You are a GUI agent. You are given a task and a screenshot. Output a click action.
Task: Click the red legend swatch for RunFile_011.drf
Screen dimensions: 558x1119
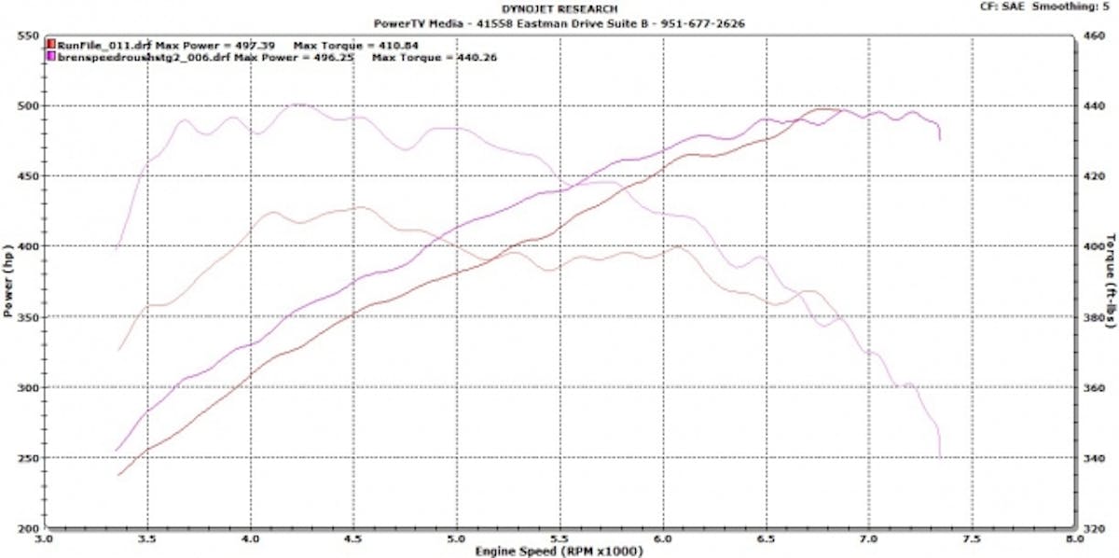51,44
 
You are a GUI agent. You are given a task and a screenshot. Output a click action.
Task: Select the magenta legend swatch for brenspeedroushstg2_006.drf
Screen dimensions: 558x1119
51,57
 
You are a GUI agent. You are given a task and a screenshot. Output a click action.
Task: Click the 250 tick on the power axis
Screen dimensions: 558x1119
26,457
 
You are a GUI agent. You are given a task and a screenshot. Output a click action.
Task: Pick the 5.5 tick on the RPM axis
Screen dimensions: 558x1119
559,539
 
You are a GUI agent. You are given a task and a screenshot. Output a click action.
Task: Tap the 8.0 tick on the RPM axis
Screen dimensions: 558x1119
1073,539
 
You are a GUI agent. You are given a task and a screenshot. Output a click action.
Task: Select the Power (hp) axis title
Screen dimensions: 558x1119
8,282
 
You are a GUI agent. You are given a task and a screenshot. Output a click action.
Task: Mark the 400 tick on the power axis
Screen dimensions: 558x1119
26,246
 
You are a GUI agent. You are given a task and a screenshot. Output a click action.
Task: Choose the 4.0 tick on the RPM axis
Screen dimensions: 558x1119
250,539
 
